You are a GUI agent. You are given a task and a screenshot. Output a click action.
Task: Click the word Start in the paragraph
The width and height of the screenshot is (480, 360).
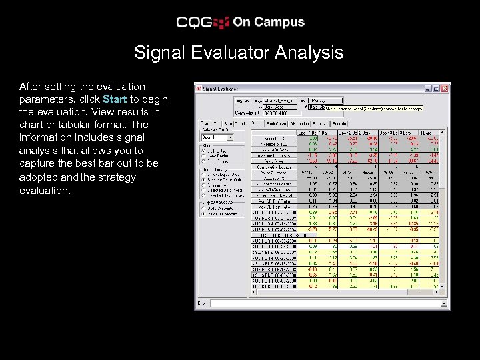coord(115,99)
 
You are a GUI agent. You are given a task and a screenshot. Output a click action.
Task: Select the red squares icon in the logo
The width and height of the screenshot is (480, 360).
coord(222,23)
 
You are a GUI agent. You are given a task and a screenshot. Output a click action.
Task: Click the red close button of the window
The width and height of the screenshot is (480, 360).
coord(445,88)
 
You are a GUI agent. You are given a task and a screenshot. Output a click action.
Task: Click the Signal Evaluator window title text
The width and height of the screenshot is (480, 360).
coord(220,88)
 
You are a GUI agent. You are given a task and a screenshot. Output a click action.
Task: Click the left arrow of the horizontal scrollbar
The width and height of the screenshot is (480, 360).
coord(253,293)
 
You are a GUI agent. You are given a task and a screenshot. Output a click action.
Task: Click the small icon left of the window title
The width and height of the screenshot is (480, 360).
coord(198,88)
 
